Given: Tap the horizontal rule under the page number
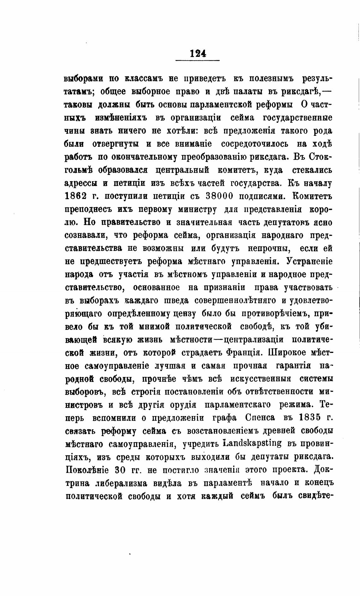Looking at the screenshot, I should click(x=197, y=60).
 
